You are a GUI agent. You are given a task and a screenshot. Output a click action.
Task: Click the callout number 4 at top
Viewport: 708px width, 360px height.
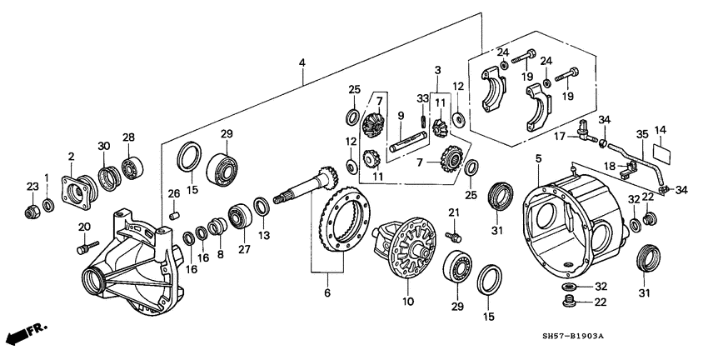click(x=302, y=62)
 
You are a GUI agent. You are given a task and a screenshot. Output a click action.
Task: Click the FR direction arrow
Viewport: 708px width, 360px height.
click(x=25, y=334)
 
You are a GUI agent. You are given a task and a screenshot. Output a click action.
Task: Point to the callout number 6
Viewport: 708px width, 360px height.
click(x=327, y=292)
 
